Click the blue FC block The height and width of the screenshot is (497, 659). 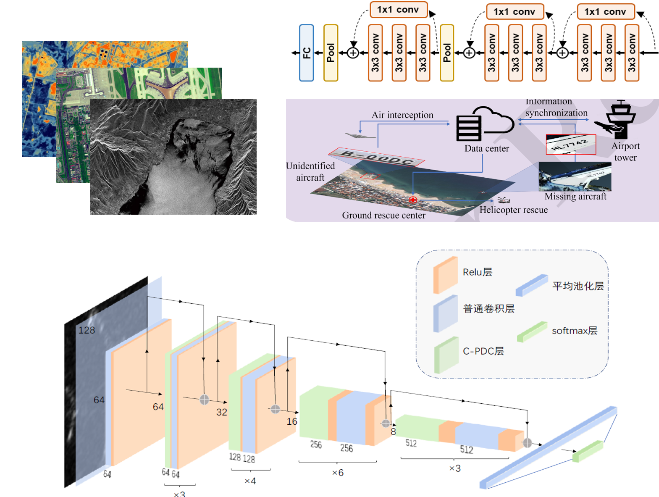coord(306,53)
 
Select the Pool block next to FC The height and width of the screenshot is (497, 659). coord(331,53)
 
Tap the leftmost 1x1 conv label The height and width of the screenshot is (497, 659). coord(398,10)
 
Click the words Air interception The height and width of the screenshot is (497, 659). coord(402,115)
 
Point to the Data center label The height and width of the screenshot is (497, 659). coord(486,148)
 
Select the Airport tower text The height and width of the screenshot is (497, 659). coord(625,152)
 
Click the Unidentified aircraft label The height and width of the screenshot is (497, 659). coord(310,171)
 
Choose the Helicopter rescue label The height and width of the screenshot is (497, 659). coord(513,210)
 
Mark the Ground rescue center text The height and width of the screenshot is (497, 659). coord(383,216)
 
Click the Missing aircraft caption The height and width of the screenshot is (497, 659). coord(575,196)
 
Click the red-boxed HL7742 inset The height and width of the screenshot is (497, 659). coord(570,145)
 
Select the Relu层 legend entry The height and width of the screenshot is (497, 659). coord(477,272)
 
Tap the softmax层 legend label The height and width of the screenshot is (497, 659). coord(574,331)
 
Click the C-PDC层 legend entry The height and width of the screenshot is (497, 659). coord(483,351)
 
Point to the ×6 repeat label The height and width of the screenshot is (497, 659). coord(338,473)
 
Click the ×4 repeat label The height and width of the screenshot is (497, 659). coord(250,481)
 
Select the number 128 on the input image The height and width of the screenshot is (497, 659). coord(87,330)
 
